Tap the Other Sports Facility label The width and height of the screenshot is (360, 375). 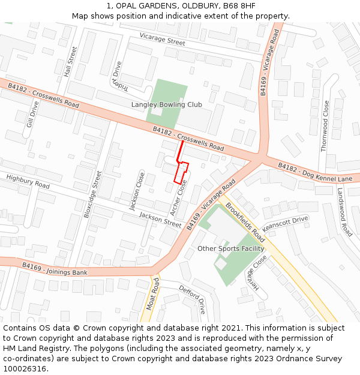[x=231, y=248]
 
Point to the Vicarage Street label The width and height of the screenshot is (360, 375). [x=162, y=39]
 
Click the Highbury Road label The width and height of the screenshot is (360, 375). [x=28, y=181]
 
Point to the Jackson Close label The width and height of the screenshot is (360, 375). [x=137, y=191]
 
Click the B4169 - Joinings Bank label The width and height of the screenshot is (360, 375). [x=55, y=269]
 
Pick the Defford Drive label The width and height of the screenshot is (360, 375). [x=193, y=299]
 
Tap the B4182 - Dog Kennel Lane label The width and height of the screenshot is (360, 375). [x=315, y=172]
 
